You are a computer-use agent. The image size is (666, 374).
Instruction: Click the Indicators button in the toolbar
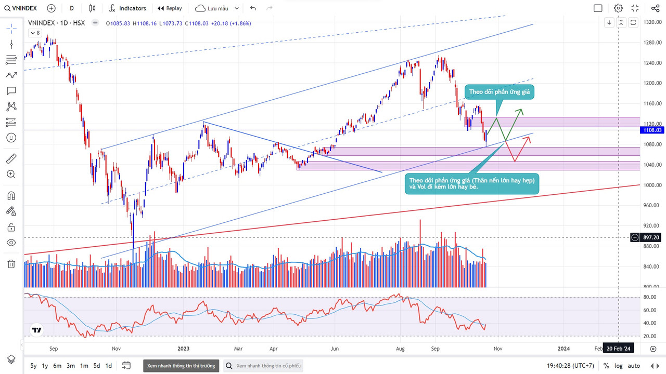(127, 8)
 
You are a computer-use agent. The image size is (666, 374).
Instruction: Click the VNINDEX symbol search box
(21, 8)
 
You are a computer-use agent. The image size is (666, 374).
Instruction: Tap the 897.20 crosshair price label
(651, 237)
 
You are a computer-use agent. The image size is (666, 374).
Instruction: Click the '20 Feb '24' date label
(618, 349)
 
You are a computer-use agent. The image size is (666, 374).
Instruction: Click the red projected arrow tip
(530, 137)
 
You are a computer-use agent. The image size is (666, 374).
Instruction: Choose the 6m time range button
(57, 366)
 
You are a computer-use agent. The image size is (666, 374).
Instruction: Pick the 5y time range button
(33, 366)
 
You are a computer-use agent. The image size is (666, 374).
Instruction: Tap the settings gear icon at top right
(618, 8)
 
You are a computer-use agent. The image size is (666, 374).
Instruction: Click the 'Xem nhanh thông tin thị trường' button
(181, 366)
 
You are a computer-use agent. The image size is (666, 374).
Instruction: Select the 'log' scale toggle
(618, 366)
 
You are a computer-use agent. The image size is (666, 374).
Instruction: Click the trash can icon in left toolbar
(11, 264)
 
